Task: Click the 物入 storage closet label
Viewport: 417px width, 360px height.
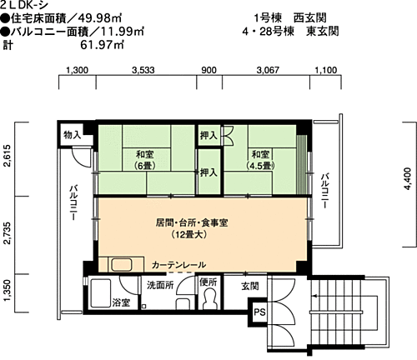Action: [x=72, y=135]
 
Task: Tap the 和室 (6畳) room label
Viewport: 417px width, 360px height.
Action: [x=134, y=158]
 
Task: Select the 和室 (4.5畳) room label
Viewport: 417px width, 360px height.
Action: [x=259, y=158]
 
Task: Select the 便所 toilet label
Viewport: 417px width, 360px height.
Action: [x=208, y=283]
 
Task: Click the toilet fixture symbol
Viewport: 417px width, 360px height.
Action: [x=208, y=302]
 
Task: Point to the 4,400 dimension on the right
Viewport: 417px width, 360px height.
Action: [x=406, y=181]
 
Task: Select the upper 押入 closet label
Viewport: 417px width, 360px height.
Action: [x=209, y=135]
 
